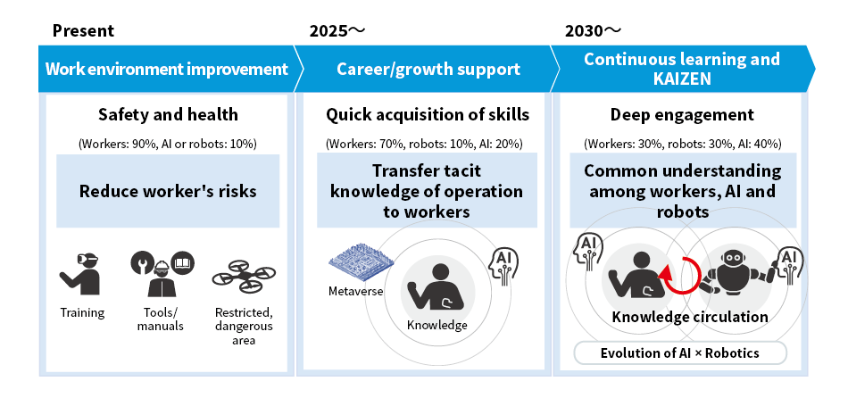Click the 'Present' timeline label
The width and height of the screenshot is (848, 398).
click(x=83, y=31)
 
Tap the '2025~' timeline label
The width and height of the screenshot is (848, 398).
click(x=337, y=31)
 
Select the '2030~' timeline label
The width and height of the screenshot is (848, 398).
click(x=594, y=31)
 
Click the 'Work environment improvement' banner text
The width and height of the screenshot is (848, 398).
click(x=167, y=70)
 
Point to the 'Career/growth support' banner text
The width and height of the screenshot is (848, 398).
click(x=428, y=70)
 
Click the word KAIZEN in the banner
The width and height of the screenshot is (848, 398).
click(x=682, y=79)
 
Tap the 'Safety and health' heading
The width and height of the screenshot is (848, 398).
click(x=168, y=114)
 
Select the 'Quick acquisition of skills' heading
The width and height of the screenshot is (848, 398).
click(x=428, y=114)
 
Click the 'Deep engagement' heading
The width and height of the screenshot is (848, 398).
click(x=682, y=114)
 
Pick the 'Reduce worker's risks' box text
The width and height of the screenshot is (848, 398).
click(x=168, y=191)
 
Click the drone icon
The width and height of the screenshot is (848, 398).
click(x=244, y=276)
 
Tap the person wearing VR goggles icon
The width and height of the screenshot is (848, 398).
click(x=80, y=274)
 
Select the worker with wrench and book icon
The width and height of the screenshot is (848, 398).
click(x=162, y=273)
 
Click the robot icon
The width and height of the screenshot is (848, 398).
click(x=735, y=269)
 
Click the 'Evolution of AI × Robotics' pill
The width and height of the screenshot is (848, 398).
click(x=680, y=353)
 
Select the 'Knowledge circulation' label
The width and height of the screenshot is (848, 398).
click(x=689, y=316)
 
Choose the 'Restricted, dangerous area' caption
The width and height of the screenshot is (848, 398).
click(x=244, y=326)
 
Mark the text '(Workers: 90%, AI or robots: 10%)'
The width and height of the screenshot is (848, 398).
click(x=168, y=144)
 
